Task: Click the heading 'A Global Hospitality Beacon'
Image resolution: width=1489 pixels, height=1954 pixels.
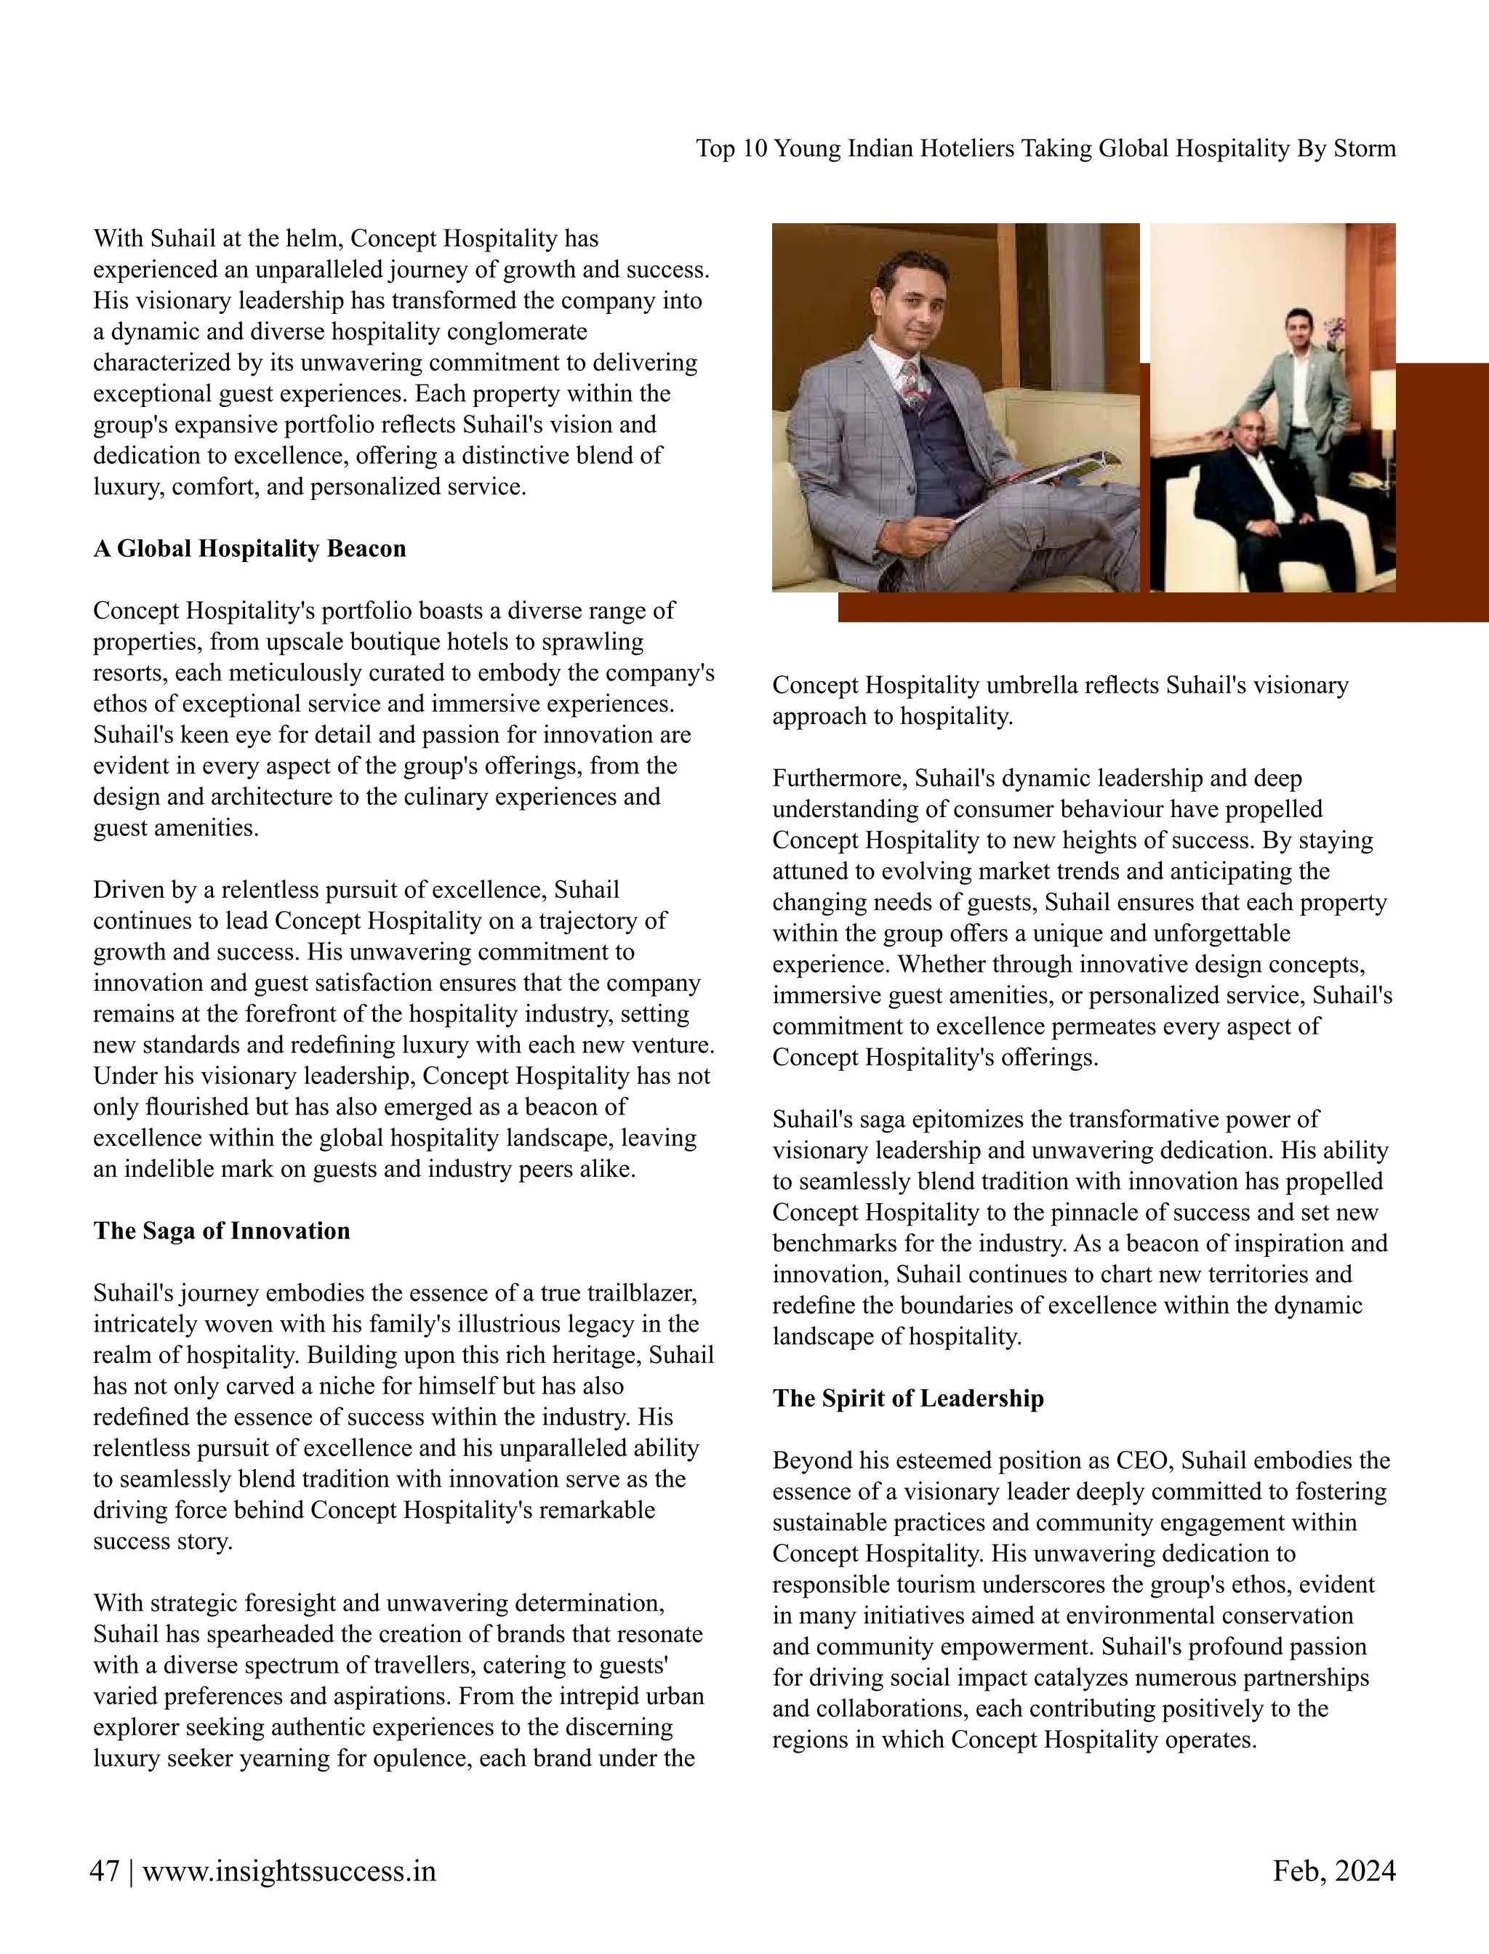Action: coord(249,549)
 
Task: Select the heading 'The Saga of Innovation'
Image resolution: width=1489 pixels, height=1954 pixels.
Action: coord(222,1231)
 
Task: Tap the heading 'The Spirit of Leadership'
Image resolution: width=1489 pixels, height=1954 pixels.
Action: coord(907,1399)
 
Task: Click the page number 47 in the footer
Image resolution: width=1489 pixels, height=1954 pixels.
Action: coord(105,1872)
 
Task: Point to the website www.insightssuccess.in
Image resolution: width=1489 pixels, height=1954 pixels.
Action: coord(289,1872)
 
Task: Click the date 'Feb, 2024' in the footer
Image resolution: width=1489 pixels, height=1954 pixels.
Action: coord(1334,1872)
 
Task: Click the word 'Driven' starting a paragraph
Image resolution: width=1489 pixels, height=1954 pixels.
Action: coord(129,890)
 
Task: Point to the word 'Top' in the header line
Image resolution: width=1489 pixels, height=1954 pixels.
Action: coord(715,148)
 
